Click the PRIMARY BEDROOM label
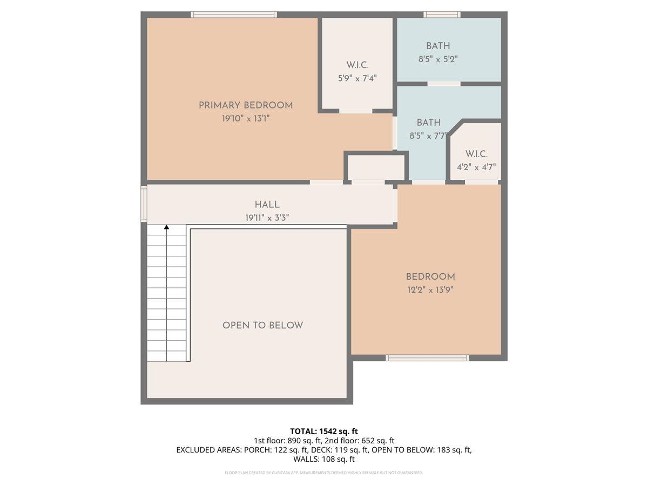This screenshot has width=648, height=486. [x=246, y=105]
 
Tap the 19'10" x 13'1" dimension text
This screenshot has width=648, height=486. [x=246, y=119]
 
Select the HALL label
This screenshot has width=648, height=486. [x=267, y=205]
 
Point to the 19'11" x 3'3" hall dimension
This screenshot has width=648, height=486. [x=267, y=218]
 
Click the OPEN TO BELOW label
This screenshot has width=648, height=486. [x=262, y=325]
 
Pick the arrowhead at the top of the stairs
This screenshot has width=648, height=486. [x=166, y=227]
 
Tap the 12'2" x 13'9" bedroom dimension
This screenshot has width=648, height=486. [x=430, y=290]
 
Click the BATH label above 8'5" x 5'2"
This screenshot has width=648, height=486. [x=438, y=46]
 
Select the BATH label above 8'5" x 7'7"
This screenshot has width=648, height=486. [x=428, y=122]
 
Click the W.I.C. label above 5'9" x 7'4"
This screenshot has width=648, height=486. [x=357, y=65]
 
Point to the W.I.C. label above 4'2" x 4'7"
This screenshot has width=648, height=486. [x=476, y=154]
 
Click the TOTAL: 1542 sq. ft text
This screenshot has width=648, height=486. [x=324, y=431]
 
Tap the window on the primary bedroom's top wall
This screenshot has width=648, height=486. [x=233, y=15]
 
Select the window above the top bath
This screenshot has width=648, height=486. [x=442, y=15]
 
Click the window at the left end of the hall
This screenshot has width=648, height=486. [x=144, y=204]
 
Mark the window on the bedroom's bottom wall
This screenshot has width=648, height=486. [x=427, y=358]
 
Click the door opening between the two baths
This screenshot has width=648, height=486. [x=444, y=84]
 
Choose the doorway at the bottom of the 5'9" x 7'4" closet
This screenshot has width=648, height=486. [x=356, y=111]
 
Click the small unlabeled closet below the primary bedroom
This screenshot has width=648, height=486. [x=376, y=167]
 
